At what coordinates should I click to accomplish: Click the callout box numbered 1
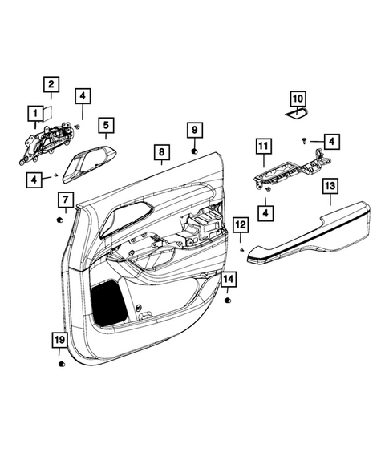pyautogui.click(x=34, y=112)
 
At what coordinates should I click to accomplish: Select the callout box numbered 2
pyautogui.click(x=50, y=84)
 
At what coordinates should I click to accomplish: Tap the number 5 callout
pyautogui.click(x=106, y=125)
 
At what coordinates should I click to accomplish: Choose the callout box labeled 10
pyautogui.click(x=298, y=99)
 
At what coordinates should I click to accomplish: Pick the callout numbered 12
pyautogui.click(x=241, y=224)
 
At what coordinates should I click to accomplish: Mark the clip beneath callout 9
pyautogui.click(x=195, y=151)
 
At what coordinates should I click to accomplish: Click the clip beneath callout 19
pyautogui.click(x=61, y=365)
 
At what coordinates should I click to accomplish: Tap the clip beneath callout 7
pyautogui.click(x=62, y=218)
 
